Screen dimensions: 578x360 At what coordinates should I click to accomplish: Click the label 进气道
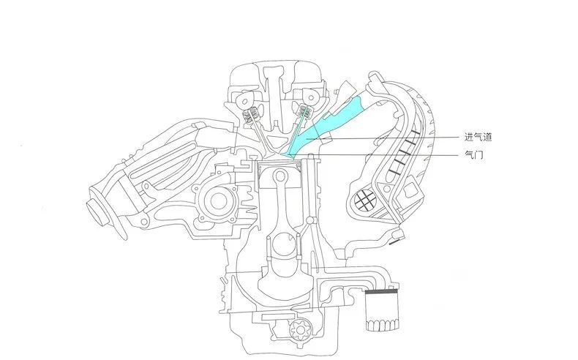tap(478, 137)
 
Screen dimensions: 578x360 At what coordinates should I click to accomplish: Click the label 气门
tap(473, 155)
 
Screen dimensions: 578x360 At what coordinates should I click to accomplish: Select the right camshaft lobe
tap(311, 98)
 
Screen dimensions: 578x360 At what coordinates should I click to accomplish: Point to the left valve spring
tap(252, 116)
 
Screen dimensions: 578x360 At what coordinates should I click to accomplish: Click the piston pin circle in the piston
tap(281, 176)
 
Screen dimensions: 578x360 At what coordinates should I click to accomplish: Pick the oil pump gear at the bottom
tap(299, 329)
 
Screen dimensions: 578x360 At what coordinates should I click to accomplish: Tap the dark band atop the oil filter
tap(381, 291)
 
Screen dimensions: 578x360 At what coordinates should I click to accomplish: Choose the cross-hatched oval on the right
tap(366, 201)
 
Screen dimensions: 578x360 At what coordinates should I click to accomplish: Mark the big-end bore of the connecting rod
tap(282, 246)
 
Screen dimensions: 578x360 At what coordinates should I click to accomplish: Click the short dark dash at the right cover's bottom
tap(394, 241)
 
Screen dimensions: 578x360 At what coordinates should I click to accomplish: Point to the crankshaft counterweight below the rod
tap(285, 284)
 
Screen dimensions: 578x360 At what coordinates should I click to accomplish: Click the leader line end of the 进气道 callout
tap(306, 138)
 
